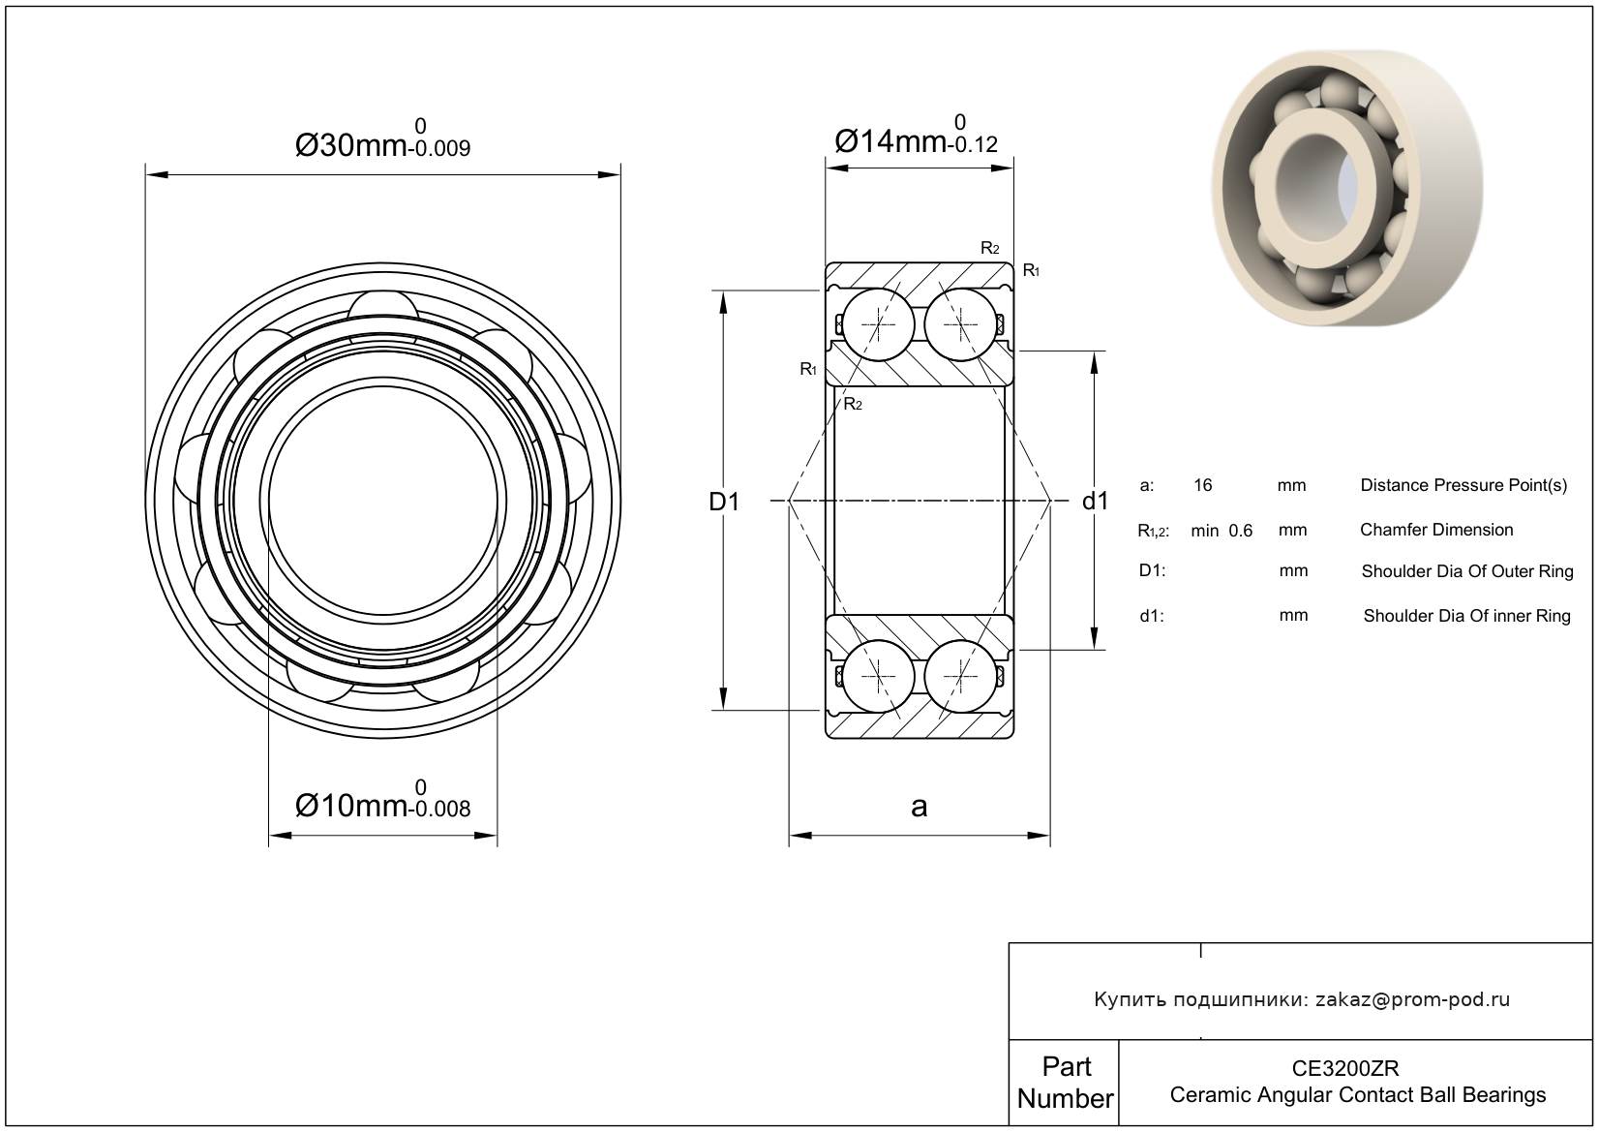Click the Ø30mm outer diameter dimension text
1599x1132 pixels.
[x=382, y=138]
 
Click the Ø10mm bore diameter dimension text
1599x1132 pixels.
[x=382, y=799]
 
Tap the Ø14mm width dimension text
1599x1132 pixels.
[x=916, y=135]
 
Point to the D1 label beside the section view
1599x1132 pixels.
[x=724, y=502]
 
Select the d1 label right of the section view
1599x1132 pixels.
[x=1095, y=502]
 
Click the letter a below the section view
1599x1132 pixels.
[x=920, y=807]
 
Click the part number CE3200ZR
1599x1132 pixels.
[x=1345, y=1068]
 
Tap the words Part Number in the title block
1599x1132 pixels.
[x=1066, y=1082]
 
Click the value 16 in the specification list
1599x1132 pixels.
[x=1203, y=486]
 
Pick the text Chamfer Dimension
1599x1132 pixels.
[x=1436, y=530]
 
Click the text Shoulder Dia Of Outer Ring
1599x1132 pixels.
[x=1467, y=571]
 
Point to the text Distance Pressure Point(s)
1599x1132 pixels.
[x=1463, y=486]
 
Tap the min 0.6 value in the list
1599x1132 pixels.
[x=1222, y=531]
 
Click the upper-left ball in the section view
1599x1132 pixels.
[x=878, y=324]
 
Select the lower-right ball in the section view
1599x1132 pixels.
[x=960, y=676]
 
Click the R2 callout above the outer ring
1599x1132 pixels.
[x=989, y=248]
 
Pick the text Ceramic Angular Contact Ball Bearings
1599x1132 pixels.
[x=1358, y=1095]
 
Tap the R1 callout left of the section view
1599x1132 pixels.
[x=808, y=369]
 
